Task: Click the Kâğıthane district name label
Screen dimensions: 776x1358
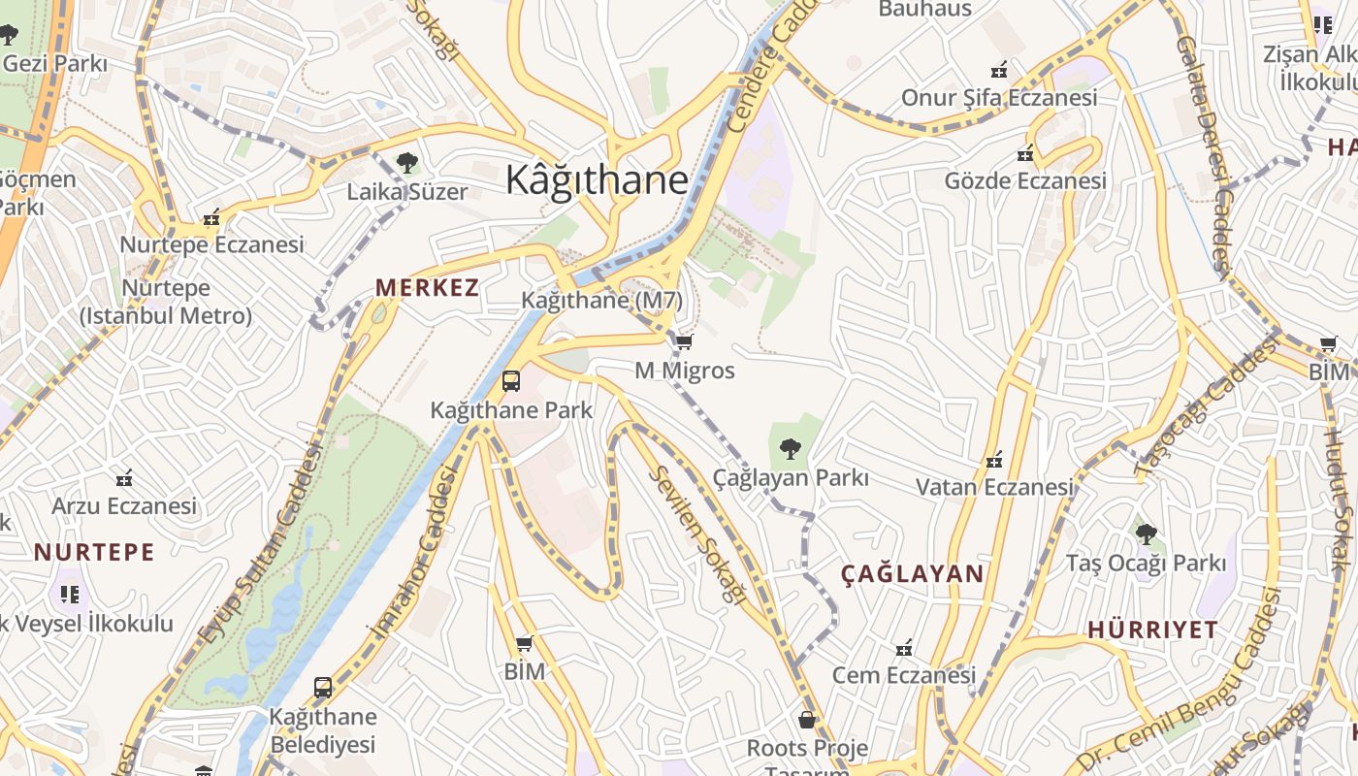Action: coord(598,180)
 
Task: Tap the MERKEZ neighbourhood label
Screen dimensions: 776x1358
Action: coord(428,288)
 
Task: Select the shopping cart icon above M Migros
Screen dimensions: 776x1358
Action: coord(685,341)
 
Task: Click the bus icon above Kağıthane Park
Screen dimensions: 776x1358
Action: coord(511,381)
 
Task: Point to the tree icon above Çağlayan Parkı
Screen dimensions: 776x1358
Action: coord(791,448)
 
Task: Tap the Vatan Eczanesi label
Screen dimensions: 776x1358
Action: coord(996,487)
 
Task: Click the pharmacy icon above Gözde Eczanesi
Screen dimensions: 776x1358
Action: coord(1025,153)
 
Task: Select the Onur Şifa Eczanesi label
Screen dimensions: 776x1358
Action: coord(999,98)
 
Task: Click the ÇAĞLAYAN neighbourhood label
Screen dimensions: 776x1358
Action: coord(912,574)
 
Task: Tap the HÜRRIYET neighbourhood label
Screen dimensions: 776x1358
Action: coord(1152,630)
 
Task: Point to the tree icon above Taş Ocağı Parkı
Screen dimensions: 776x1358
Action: coord(1147,533)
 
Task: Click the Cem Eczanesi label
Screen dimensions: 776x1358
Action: coord(904,675)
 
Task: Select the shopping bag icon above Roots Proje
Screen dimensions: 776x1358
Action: coord(807,720)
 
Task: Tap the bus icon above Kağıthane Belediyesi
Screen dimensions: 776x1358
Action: coord(323,688)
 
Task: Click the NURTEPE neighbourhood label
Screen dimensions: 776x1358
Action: coord(94,553)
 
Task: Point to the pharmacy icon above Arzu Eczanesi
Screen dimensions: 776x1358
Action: coord(124,477)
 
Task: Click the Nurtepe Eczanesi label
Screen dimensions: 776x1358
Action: coord(211,244)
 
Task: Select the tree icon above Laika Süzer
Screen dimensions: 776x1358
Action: coord(407,163)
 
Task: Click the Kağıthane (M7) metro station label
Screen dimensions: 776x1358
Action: coord(601,301)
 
